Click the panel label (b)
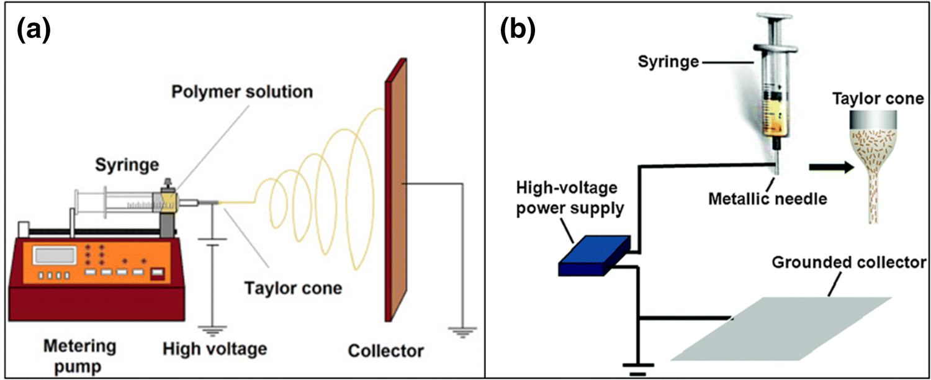519,30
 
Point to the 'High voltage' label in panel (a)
215,348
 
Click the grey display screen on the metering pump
55,255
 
